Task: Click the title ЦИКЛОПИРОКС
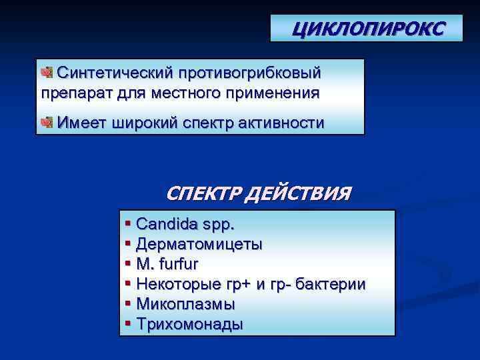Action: click(x=367, y=29)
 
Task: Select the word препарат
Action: click(x=72, y=91)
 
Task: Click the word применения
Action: click(x=270, y=91)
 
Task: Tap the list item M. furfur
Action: click(x=167, y=264)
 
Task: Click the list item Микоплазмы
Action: click(x=185, y=304)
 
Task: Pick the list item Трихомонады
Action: click(x=189, y=324)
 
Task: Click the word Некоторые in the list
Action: click(x=173, y=284)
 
